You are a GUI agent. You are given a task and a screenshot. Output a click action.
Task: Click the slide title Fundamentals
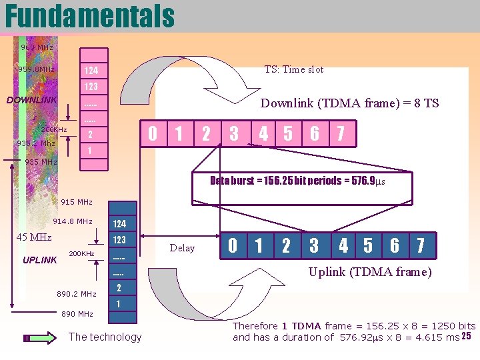[89, 16]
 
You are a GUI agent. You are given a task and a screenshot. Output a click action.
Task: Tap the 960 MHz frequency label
[37, 47]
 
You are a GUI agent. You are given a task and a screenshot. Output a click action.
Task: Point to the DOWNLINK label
[32, 100]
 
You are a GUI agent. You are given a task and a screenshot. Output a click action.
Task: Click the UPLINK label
[40, 260]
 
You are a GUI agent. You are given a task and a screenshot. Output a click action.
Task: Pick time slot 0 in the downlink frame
[153, 134]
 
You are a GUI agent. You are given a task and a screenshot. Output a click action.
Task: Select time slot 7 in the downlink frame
[341, 134]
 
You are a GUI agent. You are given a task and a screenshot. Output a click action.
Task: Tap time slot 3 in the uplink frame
[314, 246]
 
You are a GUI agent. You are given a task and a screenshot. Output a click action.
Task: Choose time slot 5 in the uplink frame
[368, 246]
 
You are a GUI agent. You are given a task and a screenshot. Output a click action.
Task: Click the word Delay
[182, 249]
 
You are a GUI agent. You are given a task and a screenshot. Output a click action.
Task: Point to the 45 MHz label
[34, 237]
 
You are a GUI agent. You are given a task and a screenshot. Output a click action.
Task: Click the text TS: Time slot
[293, 69]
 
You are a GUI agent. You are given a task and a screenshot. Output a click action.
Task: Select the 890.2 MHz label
[77, 294]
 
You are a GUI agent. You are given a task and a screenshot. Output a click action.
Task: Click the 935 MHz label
[41, 162]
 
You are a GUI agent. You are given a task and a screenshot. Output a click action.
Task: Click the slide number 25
[466, 335]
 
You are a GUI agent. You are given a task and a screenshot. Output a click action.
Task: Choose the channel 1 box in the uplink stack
[119, 303]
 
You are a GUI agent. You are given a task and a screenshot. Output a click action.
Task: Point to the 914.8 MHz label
[73, 221]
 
